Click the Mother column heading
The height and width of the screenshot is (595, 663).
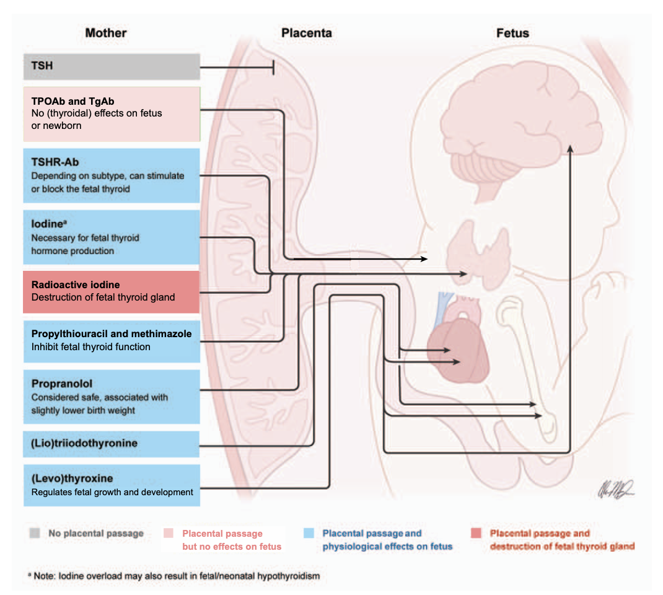(106, 33)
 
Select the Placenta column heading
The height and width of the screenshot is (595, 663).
(307, 33)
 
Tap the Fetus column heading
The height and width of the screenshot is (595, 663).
(512, 33)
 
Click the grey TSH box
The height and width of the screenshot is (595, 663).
(112, 66)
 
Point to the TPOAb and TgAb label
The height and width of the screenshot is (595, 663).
(72, 101)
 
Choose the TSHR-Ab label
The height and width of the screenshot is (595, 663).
(55, 162)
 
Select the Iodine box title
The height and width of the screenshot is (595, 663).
(48, 224)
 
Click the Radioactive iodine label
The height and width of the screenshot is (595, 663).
(75, 284)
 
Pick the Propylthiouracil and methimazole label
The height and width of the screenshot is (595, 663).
(111, 333)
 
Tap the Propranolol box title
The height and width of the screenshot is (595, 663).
(62, 384)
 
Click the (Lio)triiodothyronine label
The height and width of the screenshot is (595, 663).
(84, 443)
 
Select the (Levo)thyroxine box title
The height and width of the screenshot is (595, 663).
(72, 478)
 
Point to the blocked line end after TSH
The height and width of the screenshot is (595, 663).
(274, 67)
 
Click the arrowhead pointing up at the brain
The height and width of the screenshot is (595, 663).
(570, 148)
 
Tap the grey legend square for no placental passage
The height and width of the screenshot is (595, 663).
(35, 533)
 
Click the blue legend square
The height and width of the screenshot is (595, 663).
(309, 533)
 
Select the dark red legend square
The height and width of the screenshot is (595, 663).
(476, 533)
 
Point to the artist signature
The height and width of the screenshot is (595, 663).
(616, 489)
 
